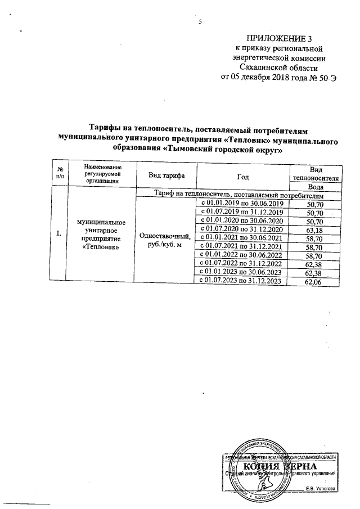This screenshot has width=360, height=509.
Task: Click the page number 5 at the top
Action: pyautogui.click(x=200, y=22)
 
